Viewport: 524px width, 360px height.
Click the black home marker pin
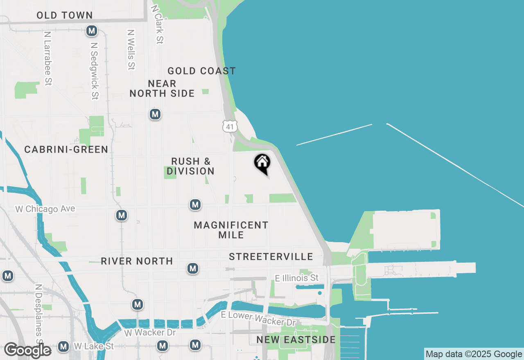[262, 163]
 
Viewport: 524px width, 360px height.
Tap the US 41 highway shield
[230, 126]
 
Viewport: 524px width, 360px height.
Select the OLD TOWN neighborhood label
[65, 16]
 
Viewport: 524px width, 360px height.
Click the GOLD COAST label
[201, 71]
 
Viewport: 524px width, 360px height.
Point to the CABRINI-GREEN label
[66, 150]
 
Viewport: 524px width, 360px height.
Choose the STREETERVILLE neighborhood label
[271, 257]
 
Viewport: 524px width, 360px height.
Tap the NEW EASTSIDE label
[296, 340]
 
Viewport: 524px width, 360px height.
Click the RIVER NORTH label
[137, 261]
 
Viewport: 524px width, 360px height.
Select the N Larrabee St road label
[48, 59]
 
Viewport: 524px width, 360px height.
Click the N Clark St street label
[158, 24]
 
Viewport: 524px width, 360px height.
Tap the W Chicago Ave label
[45, 209]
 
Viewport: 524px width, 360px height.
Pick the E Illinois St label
[297, 278]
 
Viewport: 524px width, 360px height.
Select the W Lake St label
[94, 346]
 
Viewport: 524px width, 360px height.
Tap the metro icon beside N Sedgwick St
[92, 31]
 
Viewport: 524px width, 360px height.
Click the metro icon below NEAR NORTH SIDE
[155, 114]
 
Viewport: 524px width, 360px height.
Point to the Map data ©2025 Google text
[474, 354]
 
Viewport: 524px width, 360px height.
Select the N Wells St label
[131, 49]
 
